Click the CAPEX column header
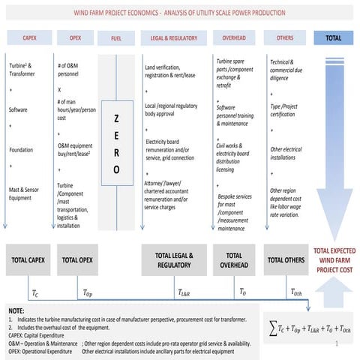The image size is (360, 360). click(x=28, y=37)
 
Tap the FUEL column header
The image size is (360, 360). click(x=117, y=37)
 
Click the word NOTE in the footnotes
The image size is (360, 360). click(x=16, y=309)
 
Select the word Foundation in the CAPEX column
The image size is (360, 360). click(x=21, y=150)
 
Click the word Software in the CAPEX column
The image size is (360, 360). click(x=19, y=109)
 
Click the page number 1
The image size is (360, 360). click(x=338, y=346)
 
